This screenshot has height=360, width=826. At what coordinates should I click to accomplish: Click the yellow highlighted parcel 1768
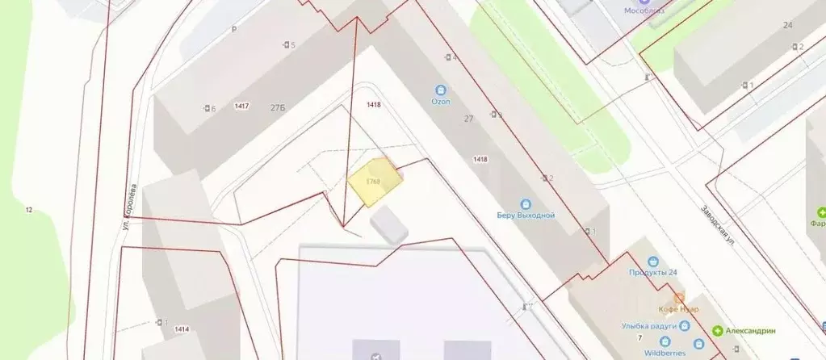click(x=375, y=182)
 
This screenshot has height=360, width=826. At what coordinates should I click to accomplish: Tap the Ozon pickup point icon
click(x=440, y=90)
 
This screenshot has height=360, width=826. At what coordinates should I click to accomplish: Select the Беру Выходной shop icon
click(x=526, y=204)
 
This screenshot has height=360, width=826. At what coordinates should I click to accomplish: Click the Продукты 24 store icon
click(x=653, y=262)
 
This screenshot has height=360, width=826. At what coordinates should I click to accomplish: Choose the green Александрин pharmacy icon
click(x=718, y=331)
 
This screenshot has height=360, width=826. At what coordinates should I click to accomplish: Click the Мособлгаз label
click(x=644, y=10)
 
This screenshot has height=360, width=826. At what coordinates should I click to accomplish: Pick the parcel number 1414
click(x=182, y=329)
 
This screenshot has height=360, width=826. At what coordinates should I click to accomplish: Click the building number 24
click(x=787, y=25)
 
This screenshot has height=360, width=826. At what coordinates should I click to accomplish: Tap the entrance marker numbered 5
click(x=288, y=44)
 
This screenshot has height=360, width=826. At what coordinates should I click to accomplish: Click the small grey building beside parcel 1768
click(x=390, y=223)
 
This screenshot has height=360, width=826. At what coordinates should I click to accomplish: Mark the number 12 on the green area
click(x=28, y=211)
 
